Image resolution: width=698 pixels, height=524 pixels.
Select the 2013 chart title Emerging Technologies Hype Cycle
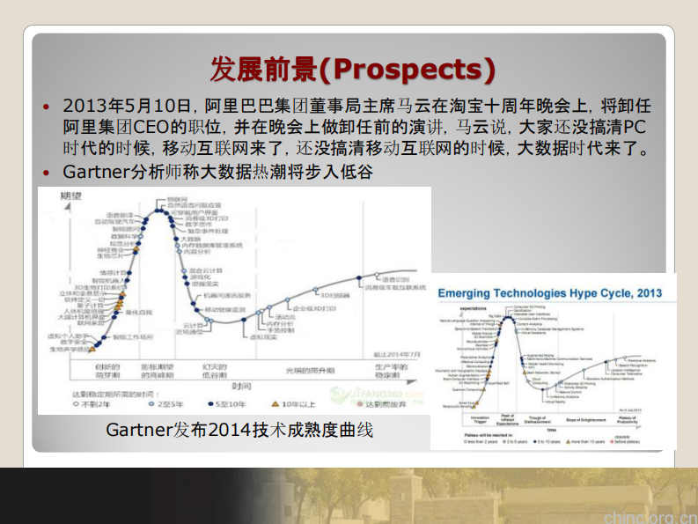coord(549,292)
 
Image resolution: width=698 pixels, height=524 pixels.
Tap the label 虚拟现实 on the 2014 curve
coord(261,337)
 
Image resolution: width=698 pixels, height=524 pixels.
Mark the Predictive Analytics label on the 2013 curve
coord(646,360)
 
